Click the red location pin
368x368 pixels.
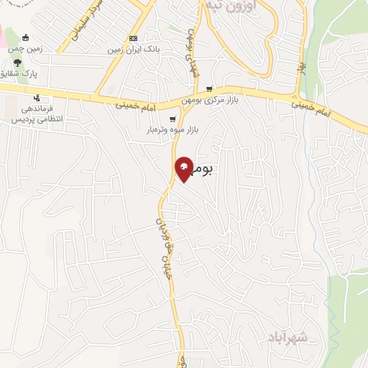(184, 169)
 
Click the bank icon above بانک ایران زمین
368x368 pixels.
(133, 38)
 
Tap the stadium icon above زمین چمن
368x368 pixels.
(27, 38)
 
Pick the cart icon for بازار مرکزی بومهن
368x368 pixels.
(209, 90)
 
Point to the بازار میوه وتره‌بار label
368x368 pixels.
(172, 130)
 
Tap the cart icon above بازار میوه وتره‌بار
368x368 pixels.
(172, 119)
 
